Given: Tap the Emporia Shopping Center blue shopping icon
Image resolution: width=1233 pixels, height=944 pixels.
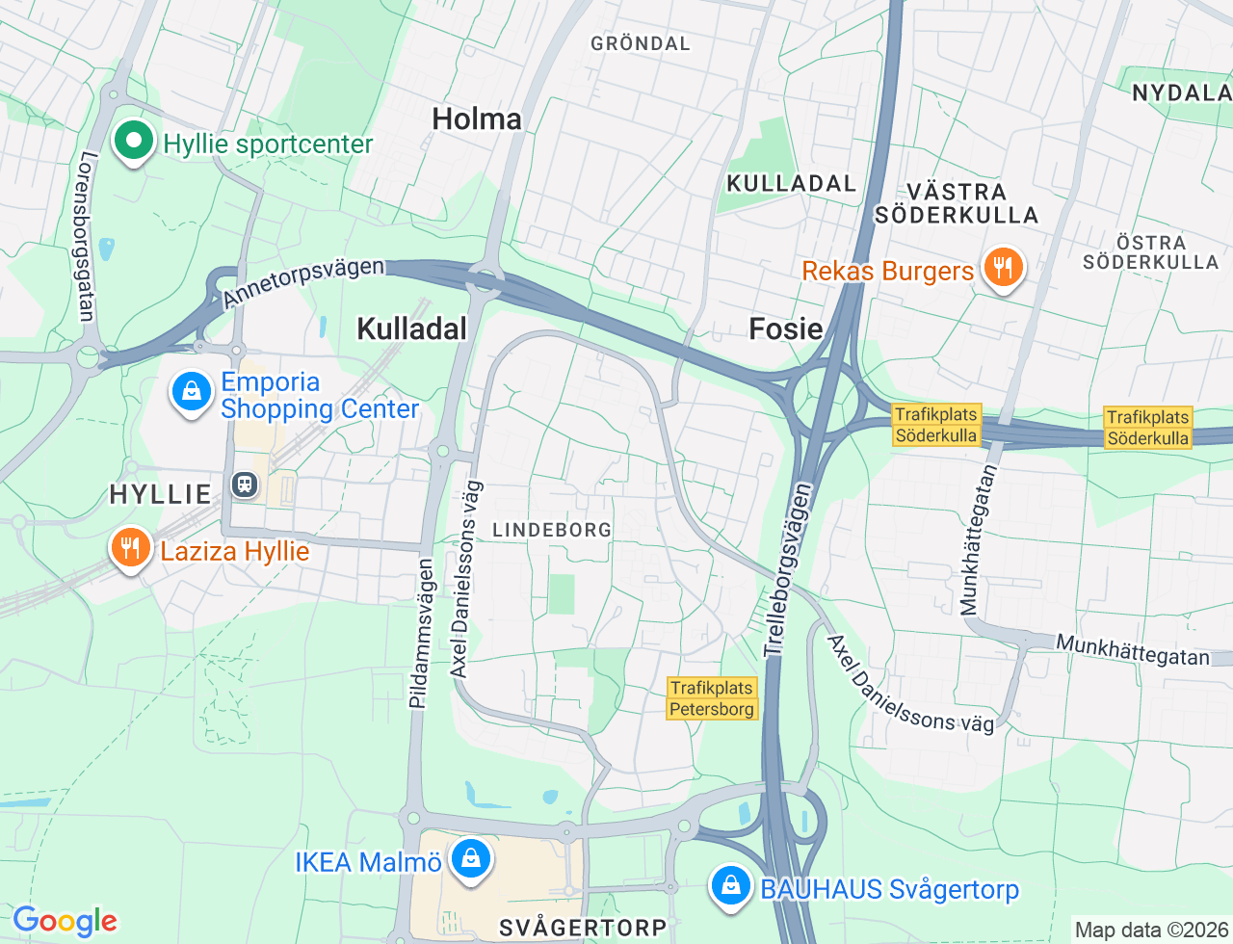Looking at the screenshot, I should coord(191,393).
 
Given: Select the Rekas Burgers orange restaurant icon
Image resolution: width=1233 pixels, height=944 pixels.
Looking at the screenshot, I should coord(1003,269).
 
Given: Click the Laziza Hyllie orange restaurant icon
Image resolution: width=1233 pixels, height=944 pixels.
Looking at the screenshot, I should coord(130,549).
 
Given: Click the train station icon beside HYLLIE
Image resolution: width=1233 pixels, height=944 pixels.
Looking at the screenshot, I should coord(246,485).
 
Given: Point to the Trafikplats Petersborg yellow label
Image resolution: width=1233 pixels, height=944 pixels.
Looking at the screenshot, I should coord(712,698).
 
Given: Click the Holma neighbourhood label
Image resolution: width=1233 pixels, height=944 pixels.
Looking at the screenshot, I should coord(477,119).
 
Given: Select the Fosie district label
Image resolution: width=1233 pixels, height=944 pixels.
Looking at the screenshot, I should coord(786,329).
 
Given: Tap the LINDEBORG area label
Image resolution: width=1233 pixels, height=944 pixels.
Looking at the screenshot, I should coord(552,530).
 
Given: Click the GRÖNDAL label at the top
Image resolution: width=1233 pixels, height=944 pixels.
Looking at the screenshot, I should coord(641,43).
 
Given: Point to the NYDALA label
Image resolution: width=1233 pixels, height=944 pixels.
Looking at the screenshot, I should coord(1181,93).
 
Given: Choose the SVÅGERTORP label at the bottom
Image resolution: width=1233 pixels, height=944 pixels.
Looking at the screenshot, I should coord(583,928).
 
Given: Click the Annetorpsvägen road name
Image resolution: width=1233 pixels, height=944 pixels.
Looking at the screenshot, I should coord(303,282).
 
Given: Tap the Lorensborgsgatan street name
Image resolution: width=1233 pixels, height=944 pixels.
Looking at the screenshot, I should coord(87,236).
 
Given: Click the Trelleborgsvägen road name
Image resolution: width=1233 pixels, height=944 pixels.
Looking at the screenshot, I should coord(789,570).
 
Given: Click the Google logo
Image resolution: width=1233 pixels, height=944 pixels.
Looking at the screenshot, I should coord(65,922).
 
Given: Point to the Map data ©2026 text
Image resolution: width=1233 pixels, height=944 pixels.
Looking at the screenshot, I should coord(1151,930).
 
